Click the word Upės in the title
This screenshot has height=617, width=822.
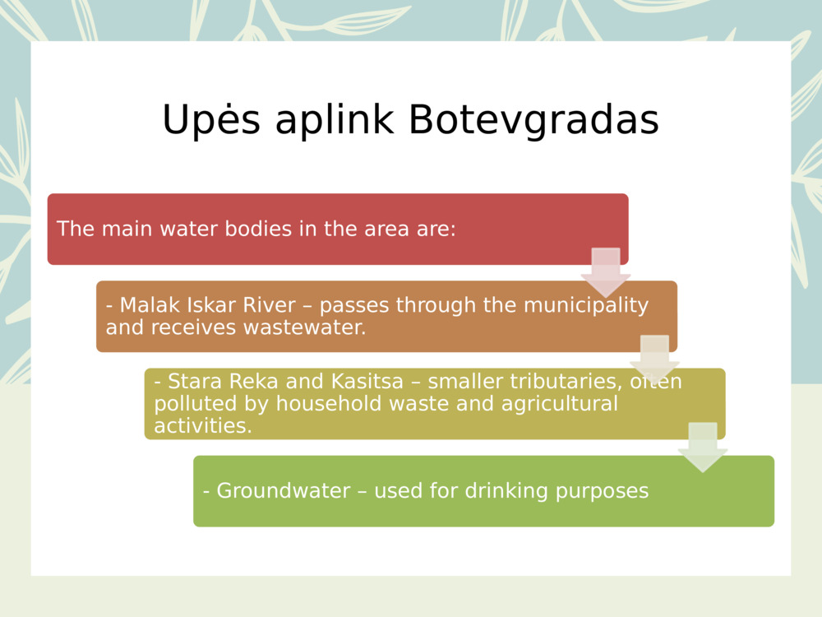tap(210, 121)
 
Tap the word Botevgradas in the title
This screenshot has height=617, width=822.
tap(533, 121)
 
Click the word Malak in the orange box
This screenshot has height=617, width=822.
tap(145, 306)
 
